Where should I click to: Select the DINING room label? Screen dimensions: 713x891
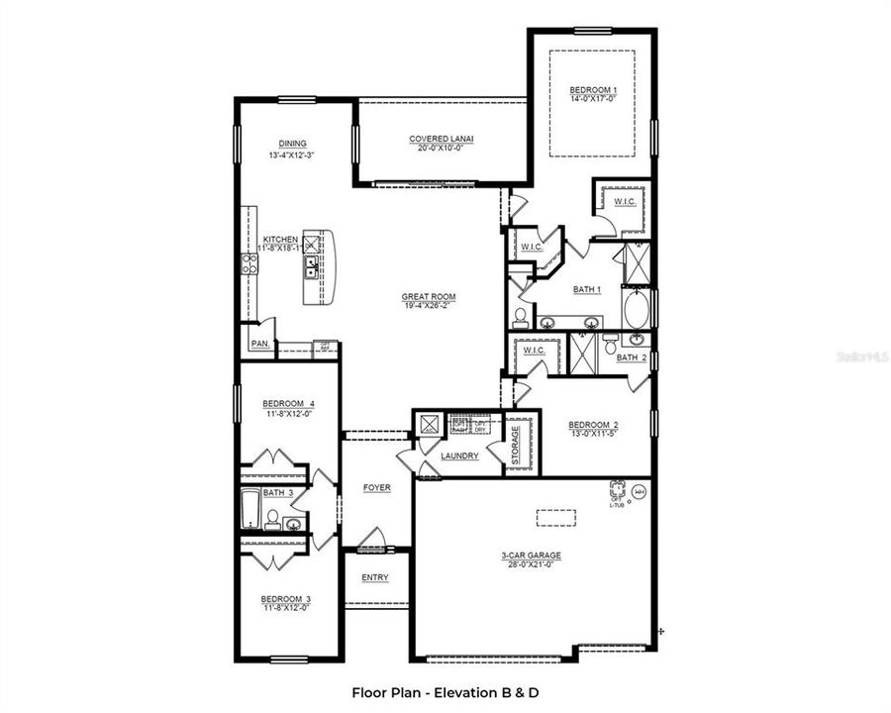[x=292, y=143]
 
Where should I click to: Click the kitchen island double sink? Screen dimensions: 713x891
[x=311, y=264]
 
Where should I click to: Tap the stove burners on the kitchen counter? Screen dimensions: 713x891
[x=249, y=262]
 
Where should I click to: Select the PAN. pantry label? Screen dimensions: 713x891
[x=259, y=344]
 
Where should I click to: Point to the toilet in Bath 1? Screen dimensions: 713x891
[x=521, y=318]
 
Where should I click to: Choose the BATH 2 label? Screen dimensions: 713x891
[x=631, y=357]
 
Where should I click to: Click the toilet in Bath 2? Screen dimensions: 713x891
[x=638, y=341]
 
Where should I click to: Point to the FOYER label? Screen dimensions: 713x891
[x=376, y=487]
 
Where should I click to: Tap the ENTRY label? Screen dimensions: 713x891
[x=375, y=577]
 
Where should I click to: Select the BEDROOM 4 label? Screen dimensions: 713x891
[x=288, y=403]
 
